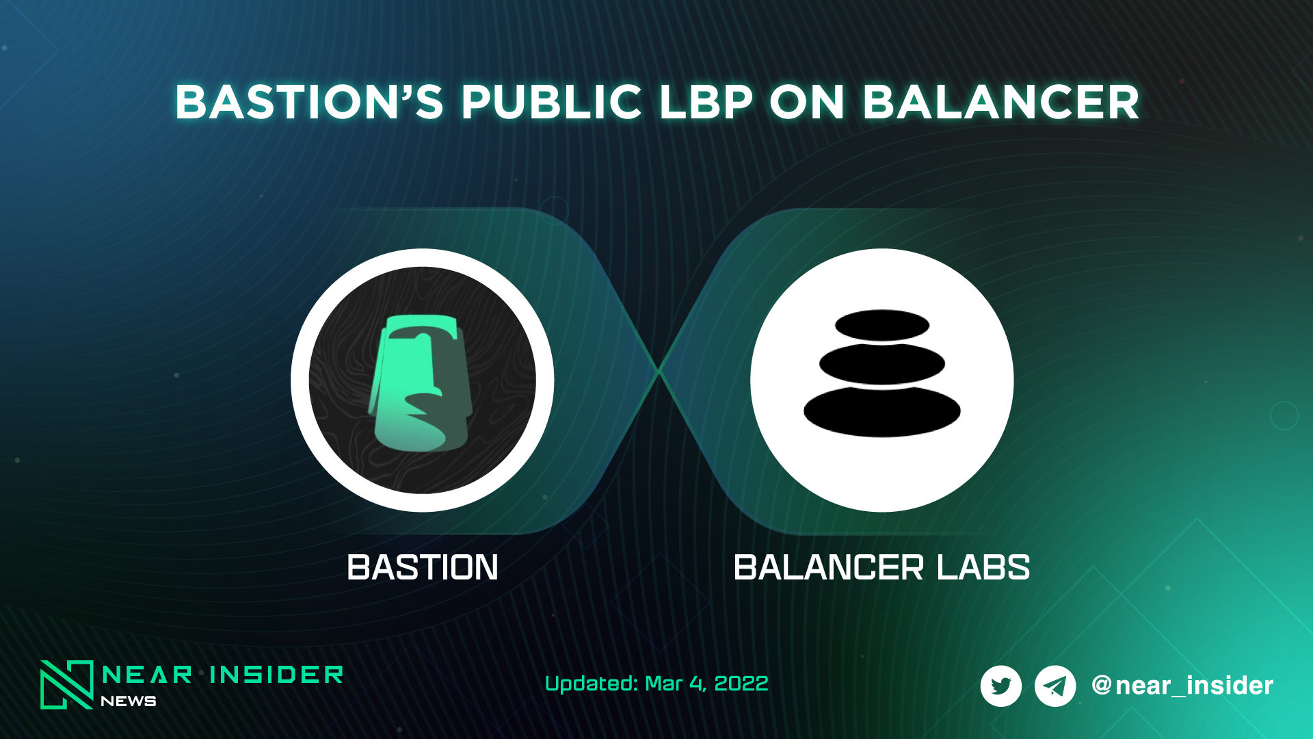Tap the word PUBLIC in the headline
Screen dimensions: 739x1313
[x=551, y=103]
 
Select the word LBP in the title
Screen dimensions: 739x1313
[x=705, y=103]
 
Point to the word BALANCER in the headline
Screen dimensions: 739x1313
[x=1000, y=103]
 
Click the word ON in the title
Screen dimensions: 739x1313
[x=807, y=103]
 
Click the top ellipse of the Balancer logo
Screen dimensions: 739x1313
[x=882, y=326]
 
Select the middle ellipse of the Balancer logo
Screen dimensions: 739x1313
[x=882, y=364]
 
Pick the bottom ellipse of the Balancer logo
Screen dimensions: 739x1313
[x=882, y=411]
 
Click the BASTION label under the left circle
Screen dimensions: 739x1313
[x=423, y=568]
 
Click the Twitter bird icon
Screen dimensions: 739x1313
[x=1001, y=686]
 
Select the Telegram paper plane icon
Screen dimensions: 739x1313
[x=1055, y=686]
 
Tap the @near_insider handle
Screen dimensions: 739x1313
[x=1182, y=686]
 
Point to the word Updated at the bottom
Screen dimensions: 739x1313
[x=592, y=684]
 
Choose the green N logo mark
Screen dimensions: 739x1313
[x=66, y=684]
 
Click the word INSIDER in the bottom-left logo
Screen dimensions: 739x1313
[x=276, y=675]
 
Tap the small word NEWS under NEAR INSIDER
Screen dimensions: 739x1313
[x=129, y=701]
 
